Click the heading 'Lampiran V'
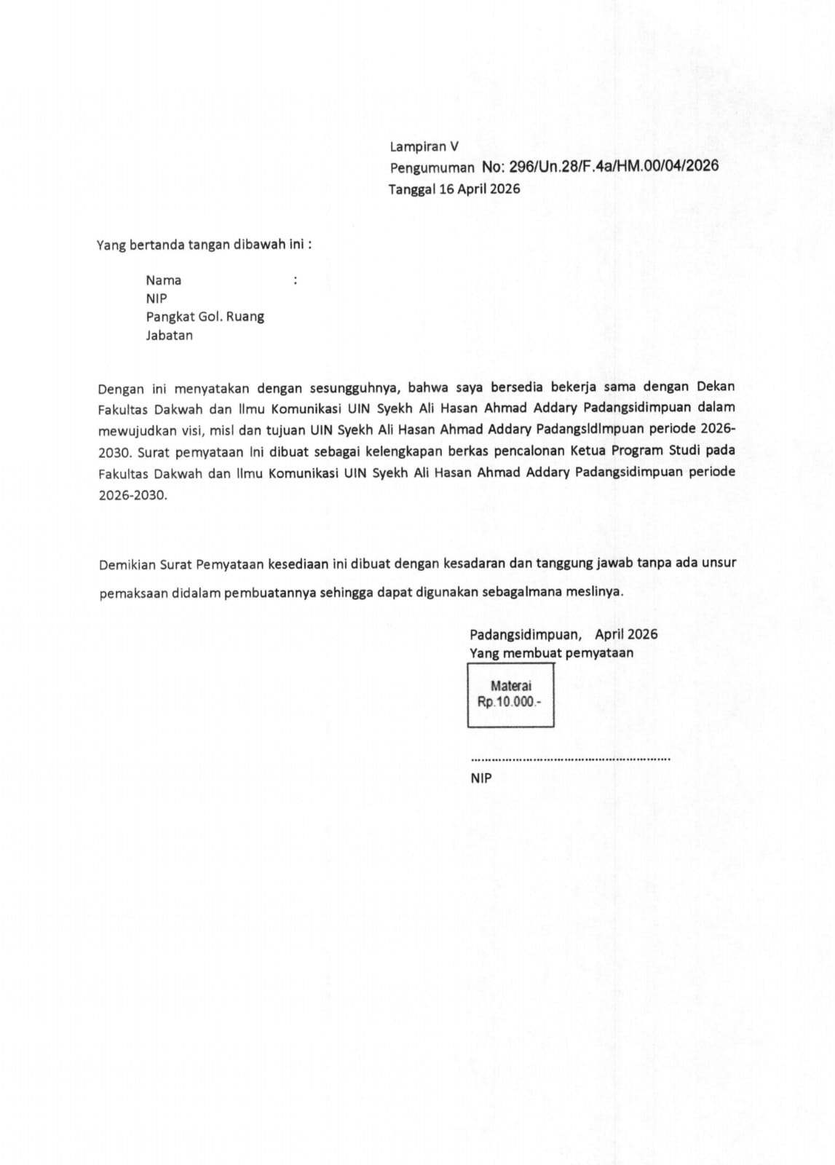424,146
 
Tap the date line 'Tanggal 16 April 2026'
454,189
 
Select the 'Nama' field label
163,280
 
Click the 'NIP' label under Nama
156,299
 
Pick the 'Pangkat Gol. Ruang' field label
205,317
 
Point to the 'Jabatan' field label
169,336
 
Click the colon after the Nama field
295,280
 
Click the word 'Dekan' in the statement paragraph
716,386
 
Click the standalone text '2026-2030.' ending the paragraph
132,495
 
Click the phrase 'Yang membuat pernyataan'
551,653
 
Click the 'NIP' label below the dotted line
480,778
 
